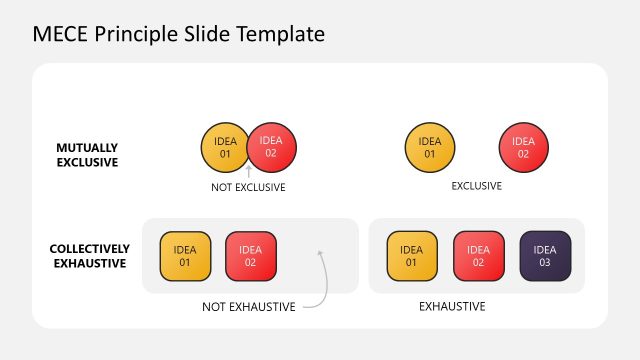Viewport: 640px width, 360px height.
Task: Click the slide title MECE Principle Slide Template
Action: [x=178, y=34]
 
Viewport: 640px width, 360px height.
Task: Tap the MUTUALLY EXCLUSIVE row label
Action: [x=87, y=154]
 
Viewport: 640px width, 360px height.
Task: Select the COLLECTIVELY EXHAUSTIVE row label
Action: [x=90, y=256]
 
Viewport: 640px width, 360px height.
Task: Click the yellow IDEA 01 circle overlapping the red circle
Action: [x=222, y=147]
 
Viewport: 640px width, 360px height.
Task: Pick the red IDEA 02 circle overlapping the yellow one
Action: [x=273, y=147]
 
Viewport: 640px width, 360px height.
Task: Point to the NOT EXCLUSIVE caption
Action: [x=248, y=187]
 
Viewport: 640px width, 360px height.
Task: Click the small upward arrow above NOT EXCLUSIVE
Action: [x=248, y=173]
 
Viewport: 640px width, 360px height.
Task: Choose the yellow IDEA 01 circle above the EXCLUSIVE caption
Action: [x=430, y=147]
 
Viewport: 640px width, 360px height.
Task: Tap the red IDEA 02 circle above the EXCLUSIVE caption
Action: [x=522, y=147]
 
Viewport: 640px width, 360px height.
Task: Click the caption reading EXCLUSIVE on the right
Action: [x=477, y=186]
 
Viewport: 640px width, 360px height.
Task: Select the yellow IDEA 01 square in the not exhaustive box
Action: [x=185, y=256]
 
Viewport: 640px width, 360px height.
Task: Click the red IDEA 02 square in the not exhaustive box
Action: [x=250, y=256]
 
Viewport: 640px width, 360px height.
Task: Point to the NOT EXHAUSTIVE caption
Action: [x=249, y=307]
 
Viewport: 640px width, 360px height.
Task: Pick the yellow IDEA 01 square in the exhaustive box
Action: [x=412, y=256]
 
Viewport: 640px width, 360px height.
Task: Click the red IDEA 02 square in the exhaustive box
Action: [x=479, y=256]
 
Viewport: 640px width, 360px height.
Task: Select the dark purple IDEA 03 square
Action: [x=545, y=256]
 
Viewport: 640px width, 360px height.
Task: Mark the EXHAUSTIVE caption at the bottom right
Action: [x=452, y=306]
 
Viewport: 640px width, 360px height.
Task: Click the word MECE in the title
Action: [x=59, y=34]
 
